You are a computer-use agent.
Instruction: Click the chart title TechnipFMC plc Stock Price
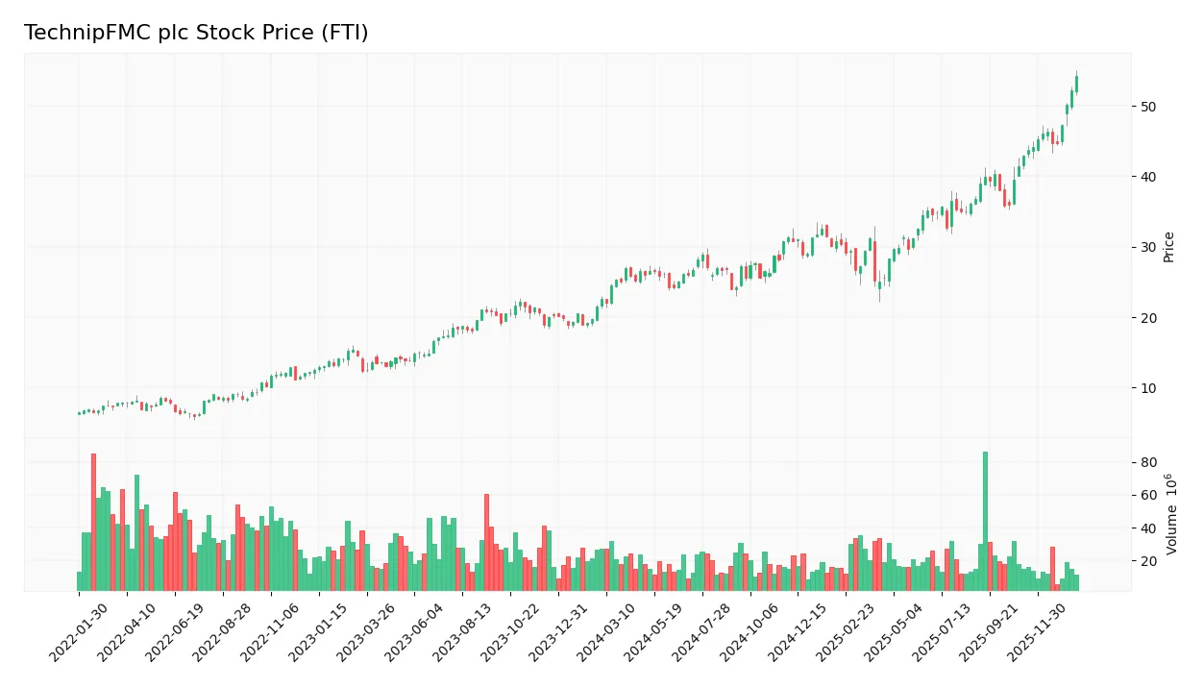(x=196, y=33)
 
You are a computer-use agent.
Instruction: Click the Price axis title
(x=1168, y=247)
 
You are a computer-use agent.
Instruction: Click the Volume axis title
(x=1171, y=514)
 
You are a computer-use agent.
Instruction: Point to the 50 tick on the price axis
(x=1149, y=106)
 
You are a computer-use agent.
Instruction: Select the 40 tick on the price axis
(x=1149, y=177)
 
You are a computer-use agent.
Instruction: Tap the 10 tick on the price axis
(x=1149, y=388)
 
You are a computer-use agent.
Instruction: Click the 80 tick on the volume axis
(x=1149, y=462)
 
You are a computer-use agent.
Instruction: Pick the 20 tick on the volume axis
(x=1149, y=561)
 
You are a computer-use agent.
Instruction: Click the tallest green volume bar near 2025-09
(x=985, y=521)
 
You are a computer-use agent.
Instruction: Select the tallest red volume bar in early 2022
(x=93, y=522)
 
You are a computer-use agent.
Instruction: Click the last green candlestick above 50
(x=1076, y=84)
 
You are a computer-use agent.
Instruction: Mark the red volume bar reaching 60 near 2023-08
(x=486, y=543)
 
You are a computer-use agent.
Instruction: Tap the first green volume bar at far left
(x=80, y=581)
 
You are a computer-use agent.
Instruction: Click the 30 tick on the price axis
(x=1149, y=247)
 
